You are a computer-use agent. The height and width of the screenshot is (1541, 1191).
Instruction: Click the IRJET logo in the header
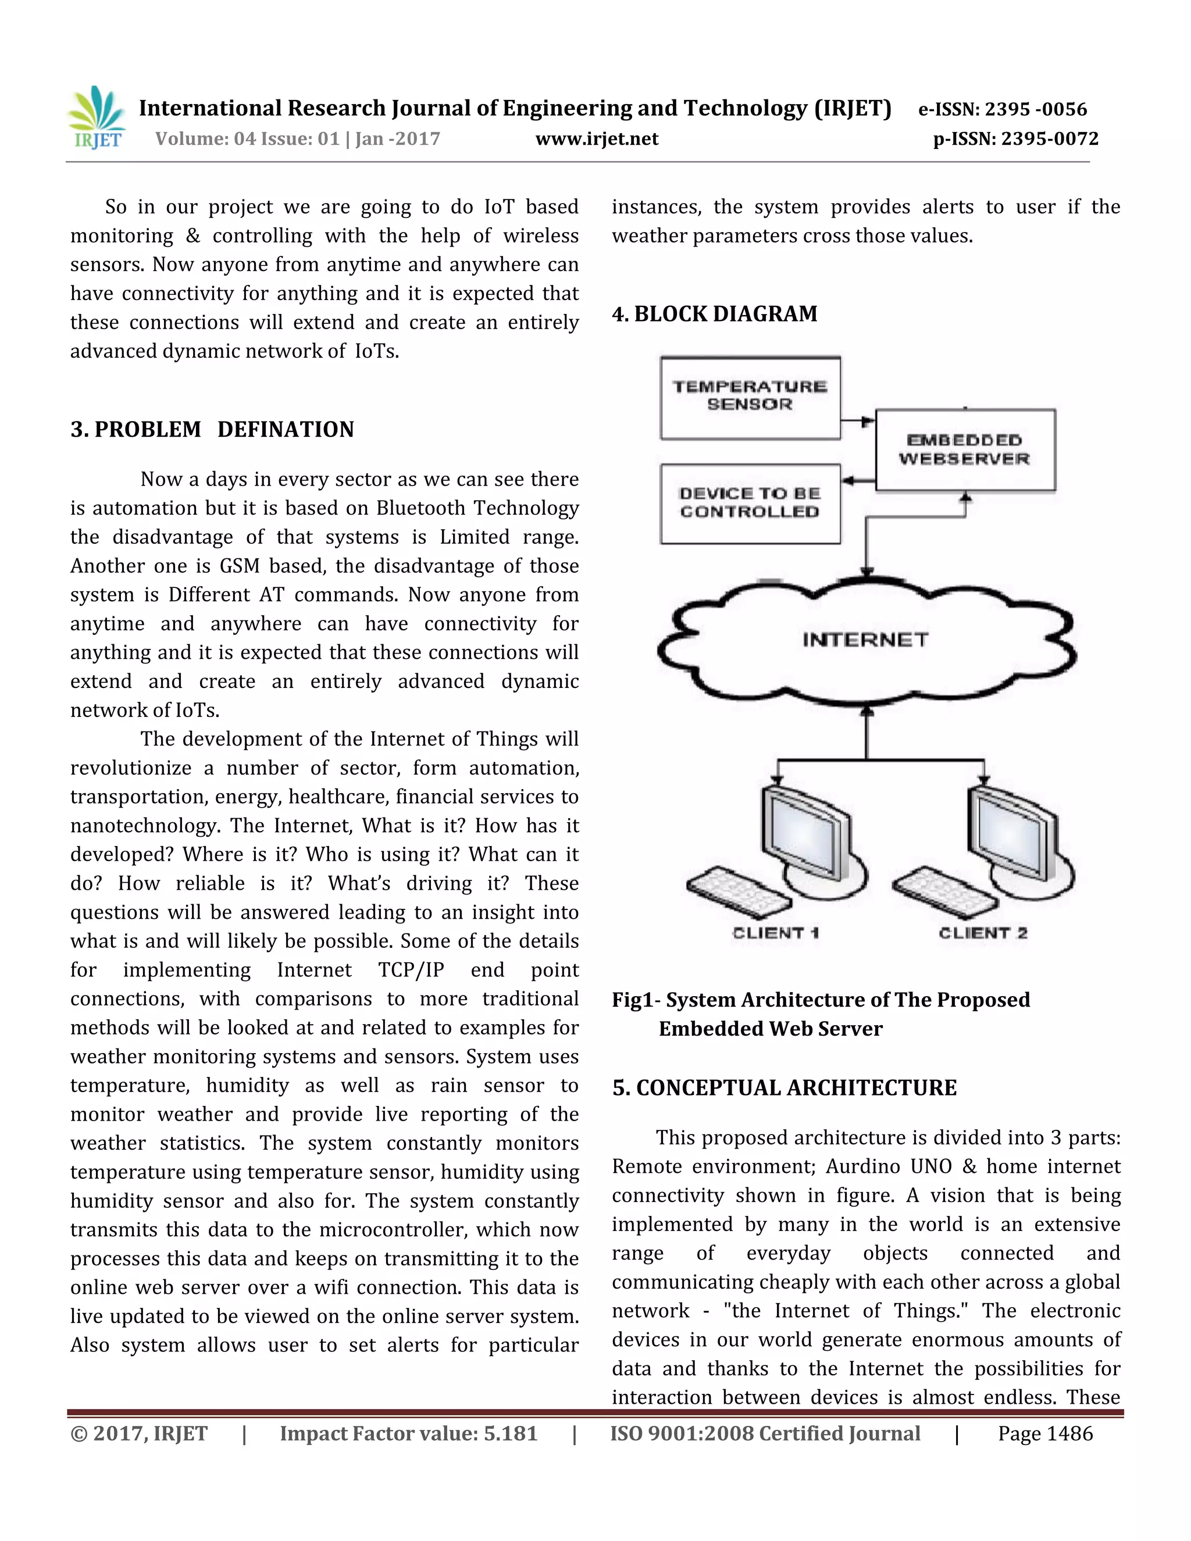coord(97,118)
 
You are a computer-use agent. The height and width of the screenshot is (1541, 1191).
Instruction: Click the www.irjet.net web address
coord(596,139)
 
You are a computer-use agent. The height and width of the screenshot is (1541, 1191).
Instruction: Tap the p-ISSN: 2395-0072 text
coord(1015,139)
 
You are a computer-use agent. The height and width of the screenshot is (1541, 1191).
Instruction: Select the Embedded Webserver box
coord(965,450)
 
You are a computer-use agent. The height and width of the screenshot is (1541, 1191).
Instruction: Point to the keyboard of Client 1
coord(738,891)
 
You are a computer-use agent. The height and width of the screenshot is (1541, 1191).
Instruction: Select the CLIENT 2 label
coord(982,933)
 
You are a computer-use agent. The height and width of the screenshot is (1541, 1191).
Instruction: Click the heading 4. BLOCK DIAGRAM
coord(714,314)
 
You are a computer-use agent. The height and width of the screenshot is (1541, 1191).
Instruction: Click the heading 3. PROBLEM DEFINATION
coord(212,430)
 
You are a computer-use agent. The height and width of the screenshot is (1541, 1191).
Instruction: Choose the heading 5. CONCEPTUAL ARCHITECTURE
coord(784,1088)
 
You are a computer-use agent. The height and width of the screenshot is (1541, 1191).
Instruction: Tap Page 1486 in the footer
coord(1044,1434)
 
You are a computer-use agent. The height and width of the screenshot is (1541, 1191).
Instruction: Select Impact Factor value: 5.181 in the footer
coord(408,1434)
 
